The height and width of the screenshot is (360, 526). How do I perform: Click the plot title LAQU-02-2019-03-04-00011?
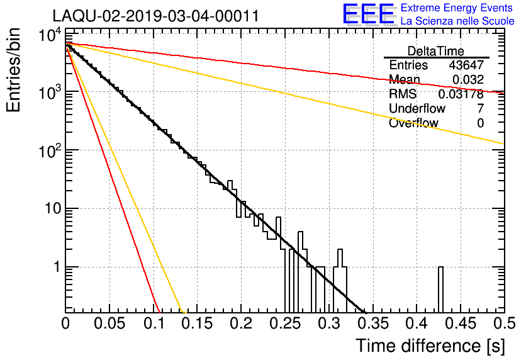[x=156, y=16]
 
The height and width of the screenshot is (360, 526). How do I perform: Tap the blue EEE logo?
[x=369, y=14]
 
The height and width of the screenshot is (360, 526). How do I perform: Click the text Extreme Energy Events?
[x=457, y=8]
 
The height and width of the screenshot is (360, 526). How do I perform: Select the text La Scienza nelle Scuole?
[x=457, y=21]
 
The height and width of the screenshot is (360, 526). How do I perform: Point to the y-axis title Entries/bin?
[x=13, y=70]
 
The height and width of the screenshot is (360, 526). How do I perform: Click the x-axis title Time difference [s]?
[x=430, y=346]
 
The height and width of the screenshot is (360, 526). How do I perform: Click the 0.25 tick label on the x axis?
[x=285, y=323]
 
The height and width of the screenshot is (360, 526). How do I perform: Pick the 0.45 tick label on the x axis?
[x=461, y=323]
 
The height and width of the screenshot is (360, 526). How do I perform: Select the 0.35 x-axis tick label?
[x=373, y=323]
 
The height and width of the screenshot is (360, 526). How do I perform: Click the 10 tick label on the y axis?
[x=53, y=209]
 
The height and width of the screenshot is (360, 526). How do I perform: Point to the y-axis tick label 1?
[x=57, y=267]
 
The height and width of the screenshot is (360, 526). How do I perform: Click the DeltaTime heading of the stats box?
[x=436, y=52]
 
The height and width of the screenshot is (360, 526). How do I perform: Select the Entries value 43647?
[x=466, y=65]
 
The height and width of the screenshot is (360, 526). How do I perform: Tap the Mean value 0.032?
[x=468, y=79]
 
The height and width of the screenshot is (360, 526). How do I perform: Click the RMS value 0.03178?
[x=461, y=94]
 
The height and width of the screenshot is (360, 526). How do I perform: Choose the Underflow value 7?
[x=481, y=108]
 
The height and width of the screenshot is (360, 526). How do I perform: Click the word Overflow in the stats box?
[x=413, y=123]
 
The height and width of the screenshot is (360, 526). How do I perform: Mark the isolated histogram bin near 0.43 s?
[x=440, y=290]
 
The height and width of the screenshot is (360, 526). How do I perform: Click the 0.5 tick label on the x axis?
[x=505, y=323]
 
